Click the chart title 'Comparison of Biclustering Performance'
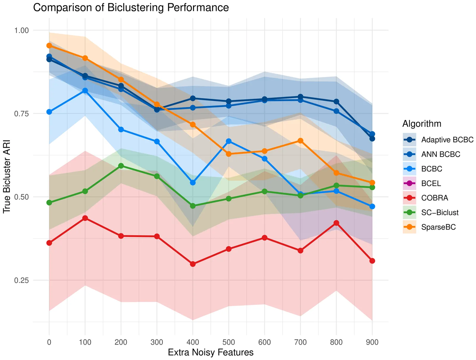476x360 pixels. pyautogui.click(x=131, y=7)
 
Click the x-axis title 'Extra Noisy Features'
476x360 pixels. pyautogui.click(x=211, y=353)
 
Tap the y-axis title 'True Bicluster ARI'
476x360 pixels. pyautogui.click(x=7, y=176)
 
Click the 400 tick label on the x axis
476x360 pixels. pyautogui.click(x=193, y=342)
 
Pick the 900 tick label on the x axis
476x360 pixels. pyautogui.click(x=372, y=342)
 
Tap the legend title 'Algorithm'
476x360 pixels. pyautogui.click(x=422, y=124)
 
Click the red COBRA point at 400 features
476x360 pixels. pyautogui.click(x=193, y=264)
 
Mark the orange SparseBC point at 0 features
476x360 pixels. pyautogui.click(x=49, y=46)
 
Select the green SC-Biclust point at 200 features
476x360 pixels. pyautogui.click(x=121, y=166)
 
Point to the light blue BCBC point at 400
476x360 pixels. pyautogui.click(x=193, y=183)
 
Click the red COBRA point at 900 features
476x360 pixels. pyautogui.click(x=372, y=261)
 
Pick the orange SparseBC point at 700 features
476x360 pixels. pyautogui.click(x=300, y=141)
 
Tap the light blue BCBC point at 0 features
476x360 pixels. pyautogui.click(x=49, y=112)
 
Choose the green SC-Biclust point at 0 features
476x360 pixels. pyautogui.click(x=49, y=203)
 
